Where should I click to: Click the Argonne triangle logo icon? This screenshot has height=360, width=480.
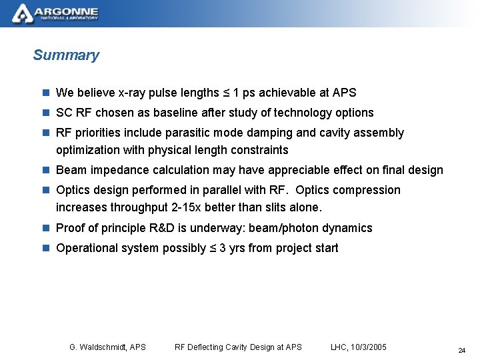tap(22, 13)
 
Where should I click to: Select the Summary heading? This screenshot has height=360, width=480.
tap(66, 55)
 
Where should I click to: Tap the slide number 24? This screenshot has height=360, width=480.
tap(461, 350)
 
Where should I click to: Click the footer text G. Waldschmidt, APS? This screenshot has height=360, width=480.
tap(107, 347)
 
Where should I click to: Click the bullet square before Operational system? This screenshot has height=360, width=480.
tap(45, 248)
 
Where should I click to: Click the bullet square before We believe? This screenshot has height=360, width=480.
tap(45, 93)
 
